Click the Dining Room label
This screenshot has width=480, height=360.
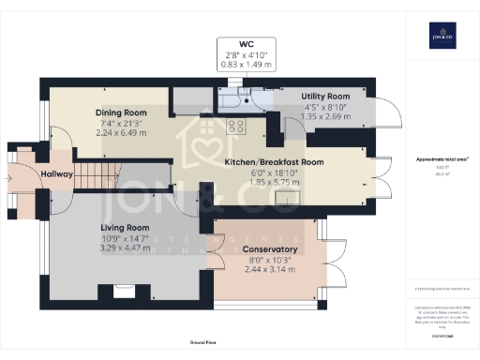pos(119,112)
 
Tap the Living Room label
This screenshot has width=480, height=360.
pos(125,228)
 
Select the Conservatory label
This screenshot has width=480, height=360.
pos(270,249)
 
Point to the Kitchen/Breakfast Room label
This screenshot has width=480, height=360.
pos(274,162)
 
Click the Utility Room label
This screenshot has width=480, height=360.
pos(325,97)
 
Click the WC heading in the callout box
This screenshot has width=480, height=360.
pos(246,44)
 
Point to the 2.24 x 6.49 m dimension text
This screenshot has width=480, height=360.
pos(119,133)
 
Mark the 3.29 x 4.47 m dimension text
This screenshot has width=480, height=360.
pos(125,248)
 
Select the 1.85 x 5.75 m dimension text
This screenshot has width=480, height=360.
pos(274,183)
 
